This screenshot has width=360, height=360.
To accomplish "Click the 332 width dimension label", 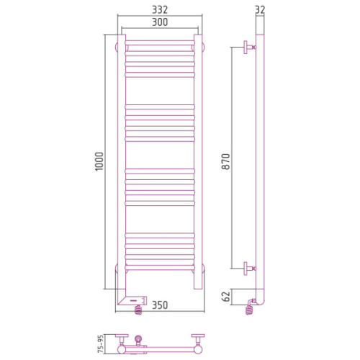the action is [160, 10].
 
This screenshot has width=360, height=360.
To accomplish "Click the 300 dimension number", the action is [160, 22].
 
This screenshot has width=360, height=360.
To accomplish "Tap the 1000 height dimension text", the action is [99, 161].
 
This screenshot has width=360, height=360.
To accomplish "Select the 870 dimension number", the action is [226, 161].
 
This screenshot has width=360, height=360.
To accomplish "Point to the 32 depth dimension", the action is [260, 10].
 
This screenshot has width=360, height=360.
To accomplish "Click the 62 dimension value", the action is [226, 296].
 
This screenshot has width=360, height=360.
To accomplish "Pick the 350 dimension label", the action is [160, 305].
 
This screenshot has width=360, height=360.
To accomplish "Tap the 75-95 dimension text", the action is [101, 344].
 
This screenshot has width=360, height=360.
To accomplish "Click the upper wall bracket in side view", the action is [250, 48].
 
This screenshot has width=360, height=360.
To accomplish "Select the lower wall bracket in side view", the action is [250, 269].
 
